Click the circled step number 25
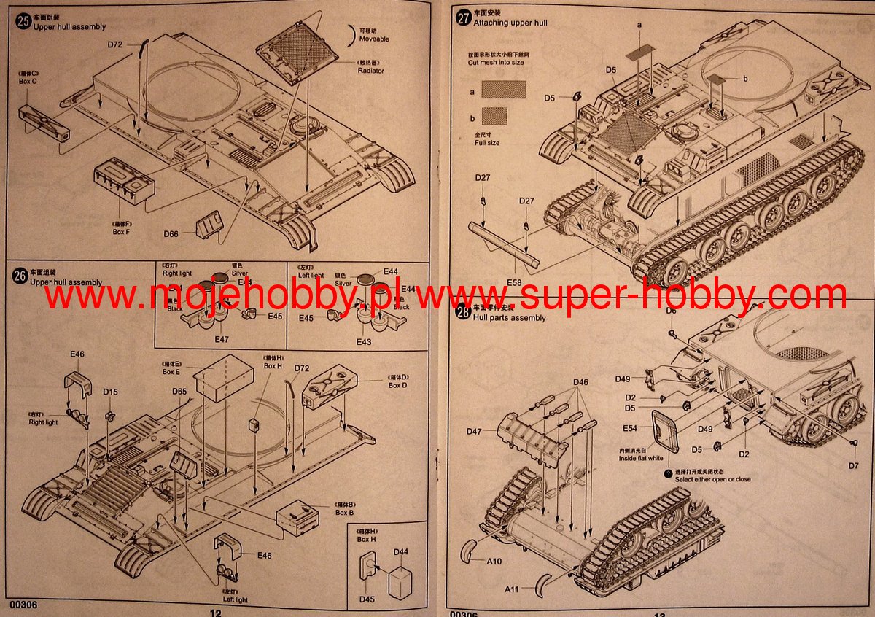(x=23, y=20)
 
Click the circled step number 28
(x=462, y=312)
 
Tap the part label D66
(x=171, y=233)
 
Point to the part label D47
(x=475, y=432)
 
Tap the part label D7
(x=853, y=465)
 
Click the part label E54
(x=630, y=428)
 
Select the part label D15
(x=110, y=392)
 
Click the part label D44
(x=401, y=552)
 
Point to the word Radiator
(x=370, y=71)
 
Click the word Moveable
(x=373, y=39)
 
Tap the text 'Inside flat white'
(x=641, y=459)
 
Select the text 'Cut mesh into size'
(x=496, y=63)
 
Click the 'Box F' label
(x=120, y=232)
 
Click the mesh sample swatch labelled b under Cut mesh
(x=495, y=116)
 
